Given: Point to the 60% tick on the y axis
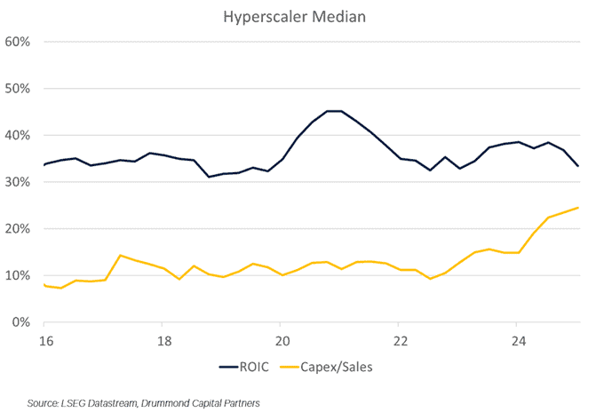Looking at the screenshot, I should pos(19,42).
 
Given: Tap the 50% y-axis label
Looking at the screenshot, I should pos(19,89).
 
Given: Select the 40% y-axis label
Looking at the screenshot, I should pos(19,136).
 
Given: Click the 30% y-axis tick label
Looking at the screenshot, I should pos(19,182).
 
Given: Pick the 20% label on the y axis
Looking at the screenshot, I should pos(19,229).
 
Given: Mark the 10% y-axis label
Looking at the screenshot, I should pos(19,275).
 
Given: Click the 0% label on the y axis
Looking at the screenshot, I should pos(22,322).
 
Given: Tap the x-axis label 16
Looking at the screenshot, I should pos(44,340).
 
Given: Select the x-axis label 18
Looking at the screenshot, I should pos(163,340).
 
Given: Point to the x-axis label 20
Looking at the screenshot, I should pos(282,340).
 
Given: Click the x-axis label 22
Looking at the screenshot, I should pos(400,340).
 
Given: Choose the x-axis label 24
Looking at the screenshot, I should pos(518,340).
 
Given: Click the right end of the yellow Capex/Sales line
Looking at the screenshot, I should pos(578,208).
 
